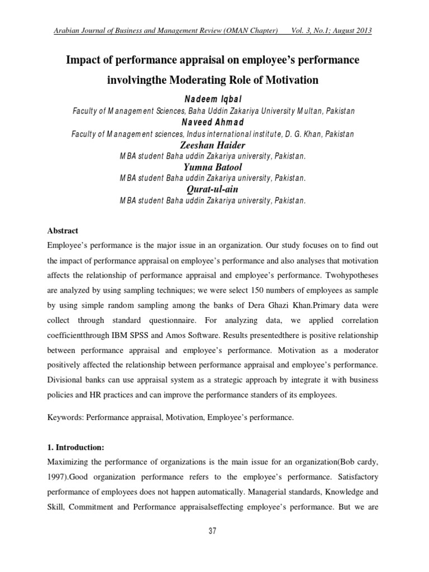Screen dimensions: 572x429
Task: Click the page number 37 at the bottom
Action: [x=212, y=531]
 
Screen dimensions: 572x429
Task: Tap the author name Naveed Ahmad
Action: [x=214, y=122]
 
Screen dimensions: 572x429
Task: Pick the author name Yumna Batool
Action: [x=213, y=167]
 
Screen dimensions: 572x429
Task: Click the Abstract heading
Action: [x=63, y=231]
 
